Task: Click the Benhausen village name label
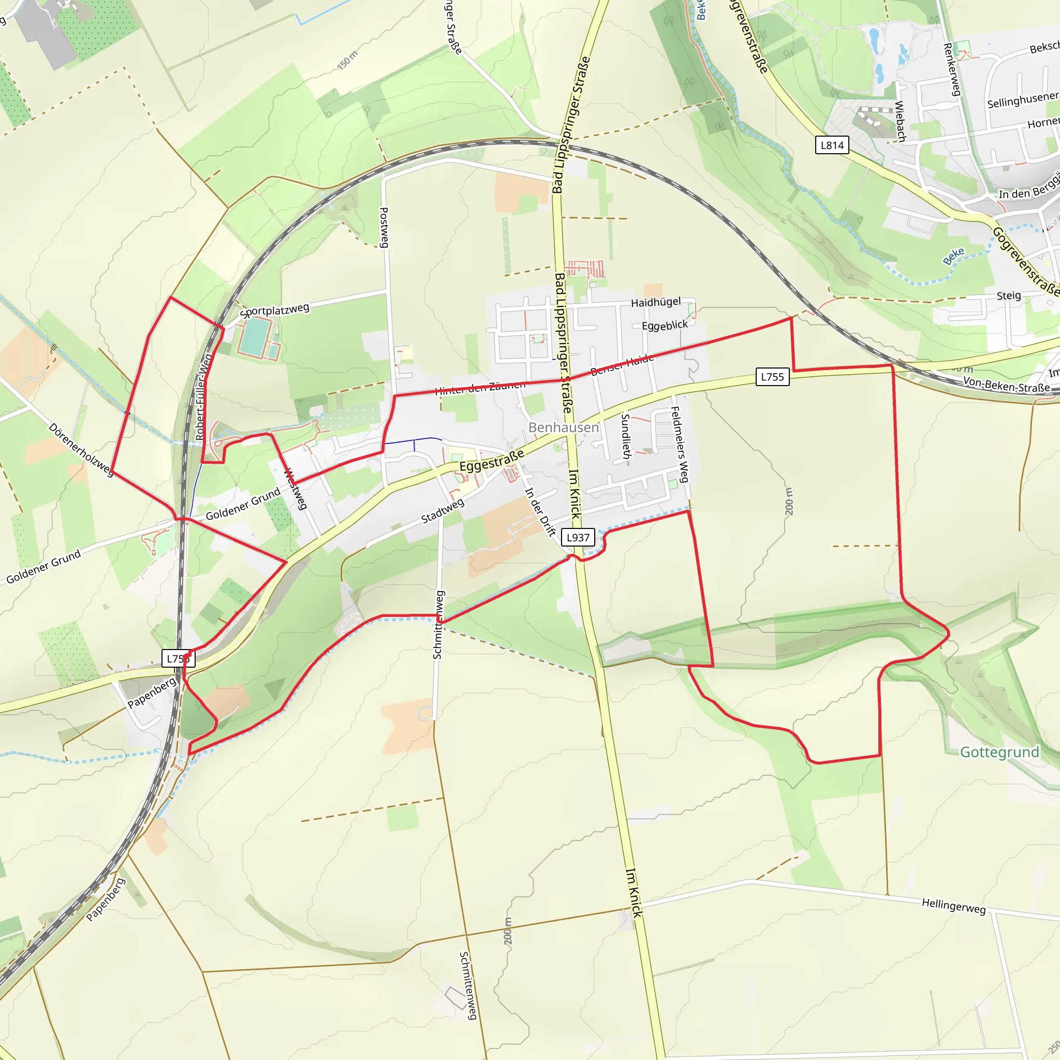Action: tap(564, 428)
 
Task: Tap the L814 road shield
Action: tap(832, 145)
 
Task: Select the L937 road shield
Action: tap(578, 537)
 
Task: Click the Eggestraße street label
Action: tap(492, 461)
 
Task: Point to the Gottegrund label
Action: tap(999, 752)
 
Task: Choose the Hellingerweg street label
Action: tap(953, 906)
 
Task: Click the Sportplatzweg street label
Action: tap(274, 311)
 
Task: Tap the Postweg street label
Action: tap(385, 227)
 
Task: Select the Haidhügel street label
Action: tap(656, 302)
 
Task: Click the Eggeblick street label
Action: tap(665, 326)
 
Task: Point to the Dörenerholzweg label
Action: tap(81, 449)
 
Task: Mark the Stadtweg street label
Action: tap(443, 511)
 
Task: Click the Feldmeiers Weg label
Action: tap(680, 445)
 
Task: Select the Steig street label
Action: tap(1008, 296)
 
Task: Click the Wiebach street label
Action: tap(900, 121)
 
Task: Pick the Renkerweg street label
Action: tap(951, 69)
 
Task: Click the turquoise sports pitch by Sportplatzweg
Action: tap(254, 336)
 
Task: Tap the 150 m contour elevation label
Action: tap(347, 60)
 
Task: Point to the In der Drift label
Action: tap(540, 512)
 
